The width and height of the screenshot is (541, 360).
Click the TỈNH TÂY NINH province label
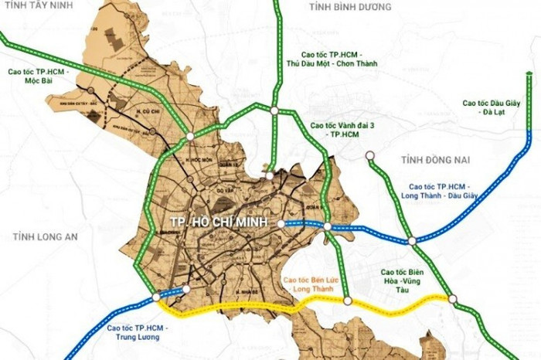38,8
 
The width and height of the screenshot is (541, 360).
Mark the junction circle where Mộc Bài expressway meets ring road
189,138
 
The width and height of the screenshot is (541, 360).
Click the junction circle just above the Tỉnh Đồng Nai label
370,155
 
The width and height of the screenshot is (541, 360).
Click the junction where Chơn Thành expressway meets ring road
274,111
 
